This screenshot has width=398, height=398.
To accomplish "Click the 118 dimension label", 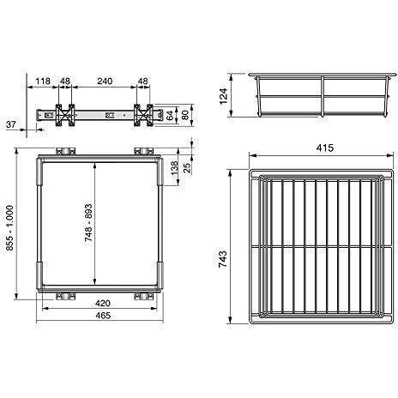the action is (43, 81).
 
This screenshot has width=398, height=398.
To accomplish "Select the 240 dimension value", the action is (105, 81).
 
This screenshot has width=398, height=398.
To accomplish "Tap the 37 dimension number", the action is (11, 124).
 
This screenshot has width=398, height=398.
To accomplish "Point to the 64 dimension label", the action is (170, 115).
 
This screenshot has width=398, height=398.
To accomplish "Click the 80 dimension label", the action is (185, 115).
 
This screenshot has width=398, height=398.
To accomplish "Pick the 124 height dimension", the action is (223, 96).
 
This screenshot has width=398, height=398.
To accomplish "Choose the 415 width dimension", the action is (325, 148).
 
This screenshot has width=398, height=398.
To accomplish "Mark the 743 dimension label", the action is (223, 259).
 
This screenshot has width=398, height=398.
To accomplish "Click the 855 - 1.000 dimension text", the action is (9, 228).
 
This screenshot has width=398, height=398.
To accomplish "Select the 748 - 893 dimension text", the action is (88, 223).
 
